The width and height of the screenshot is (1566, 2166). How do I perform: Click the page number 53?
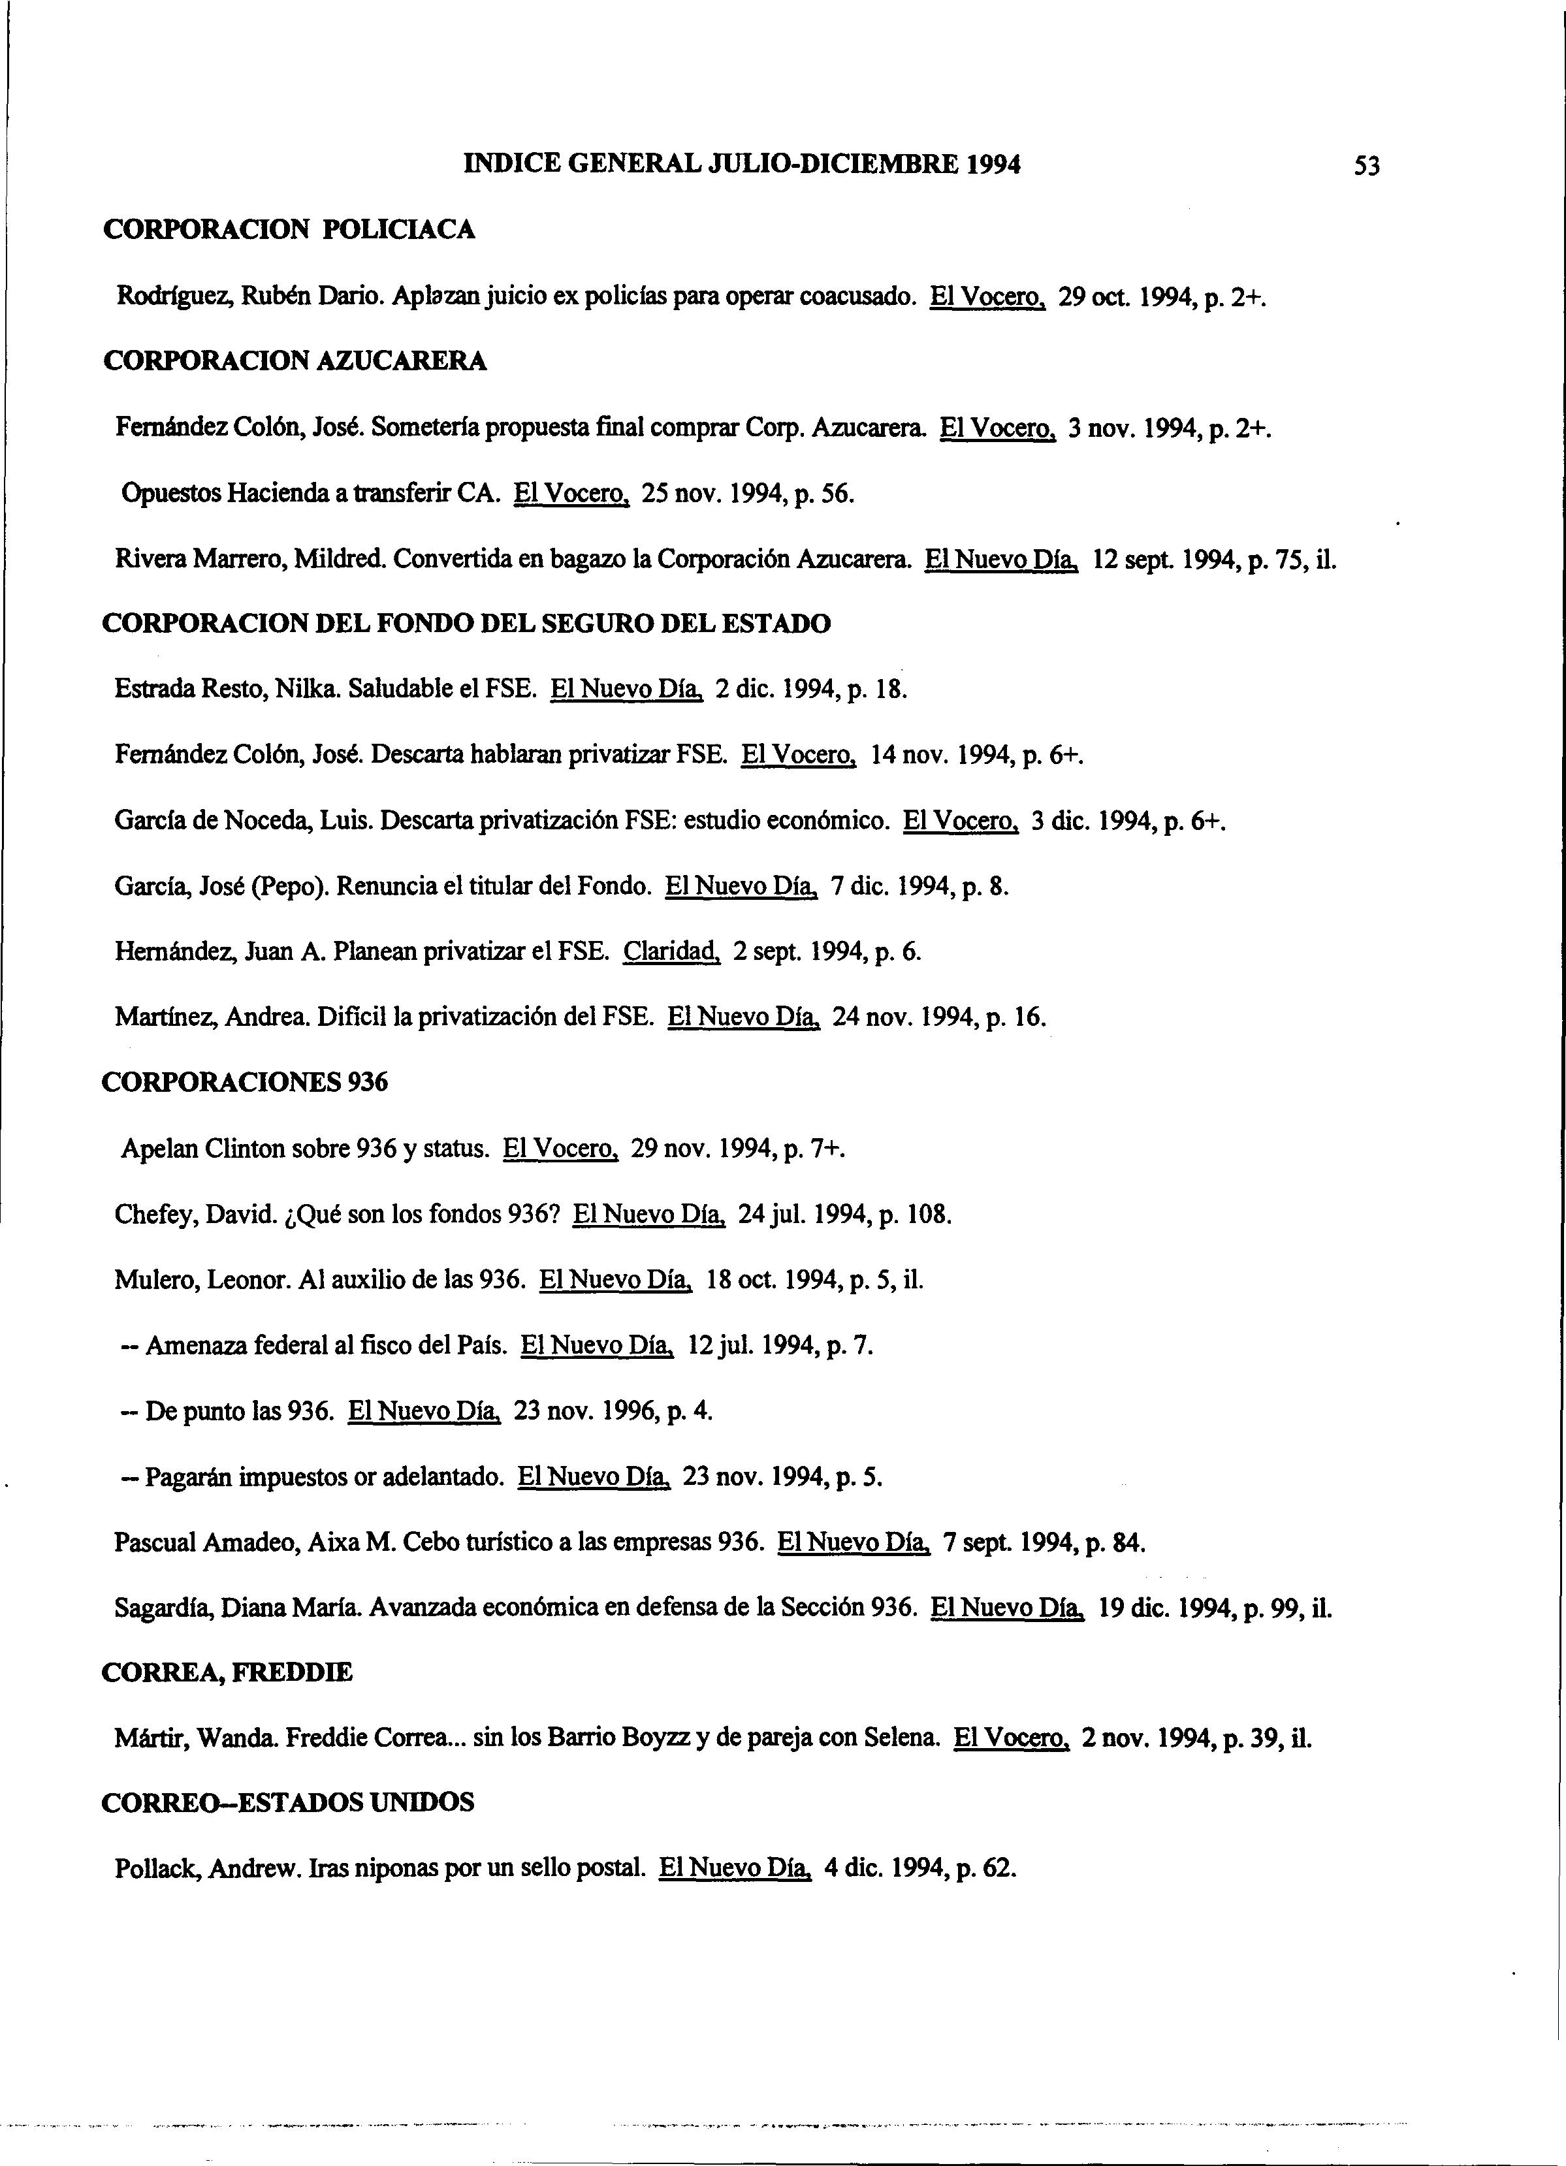click(x=1366, y=167)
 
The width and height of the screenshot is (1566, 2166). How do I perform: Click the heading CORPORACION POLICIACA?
click(x=289, y=230)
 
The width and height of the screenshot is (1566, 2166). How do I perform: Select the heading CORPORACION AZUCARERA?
click(x=294, y=361)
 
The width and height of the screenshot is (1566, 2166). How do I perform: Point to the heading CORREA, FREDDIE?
click(x=227, y=1672)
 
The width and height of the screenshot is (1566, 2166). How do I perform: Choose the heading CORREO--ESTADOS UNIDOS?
click(x=287, y=1803)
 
